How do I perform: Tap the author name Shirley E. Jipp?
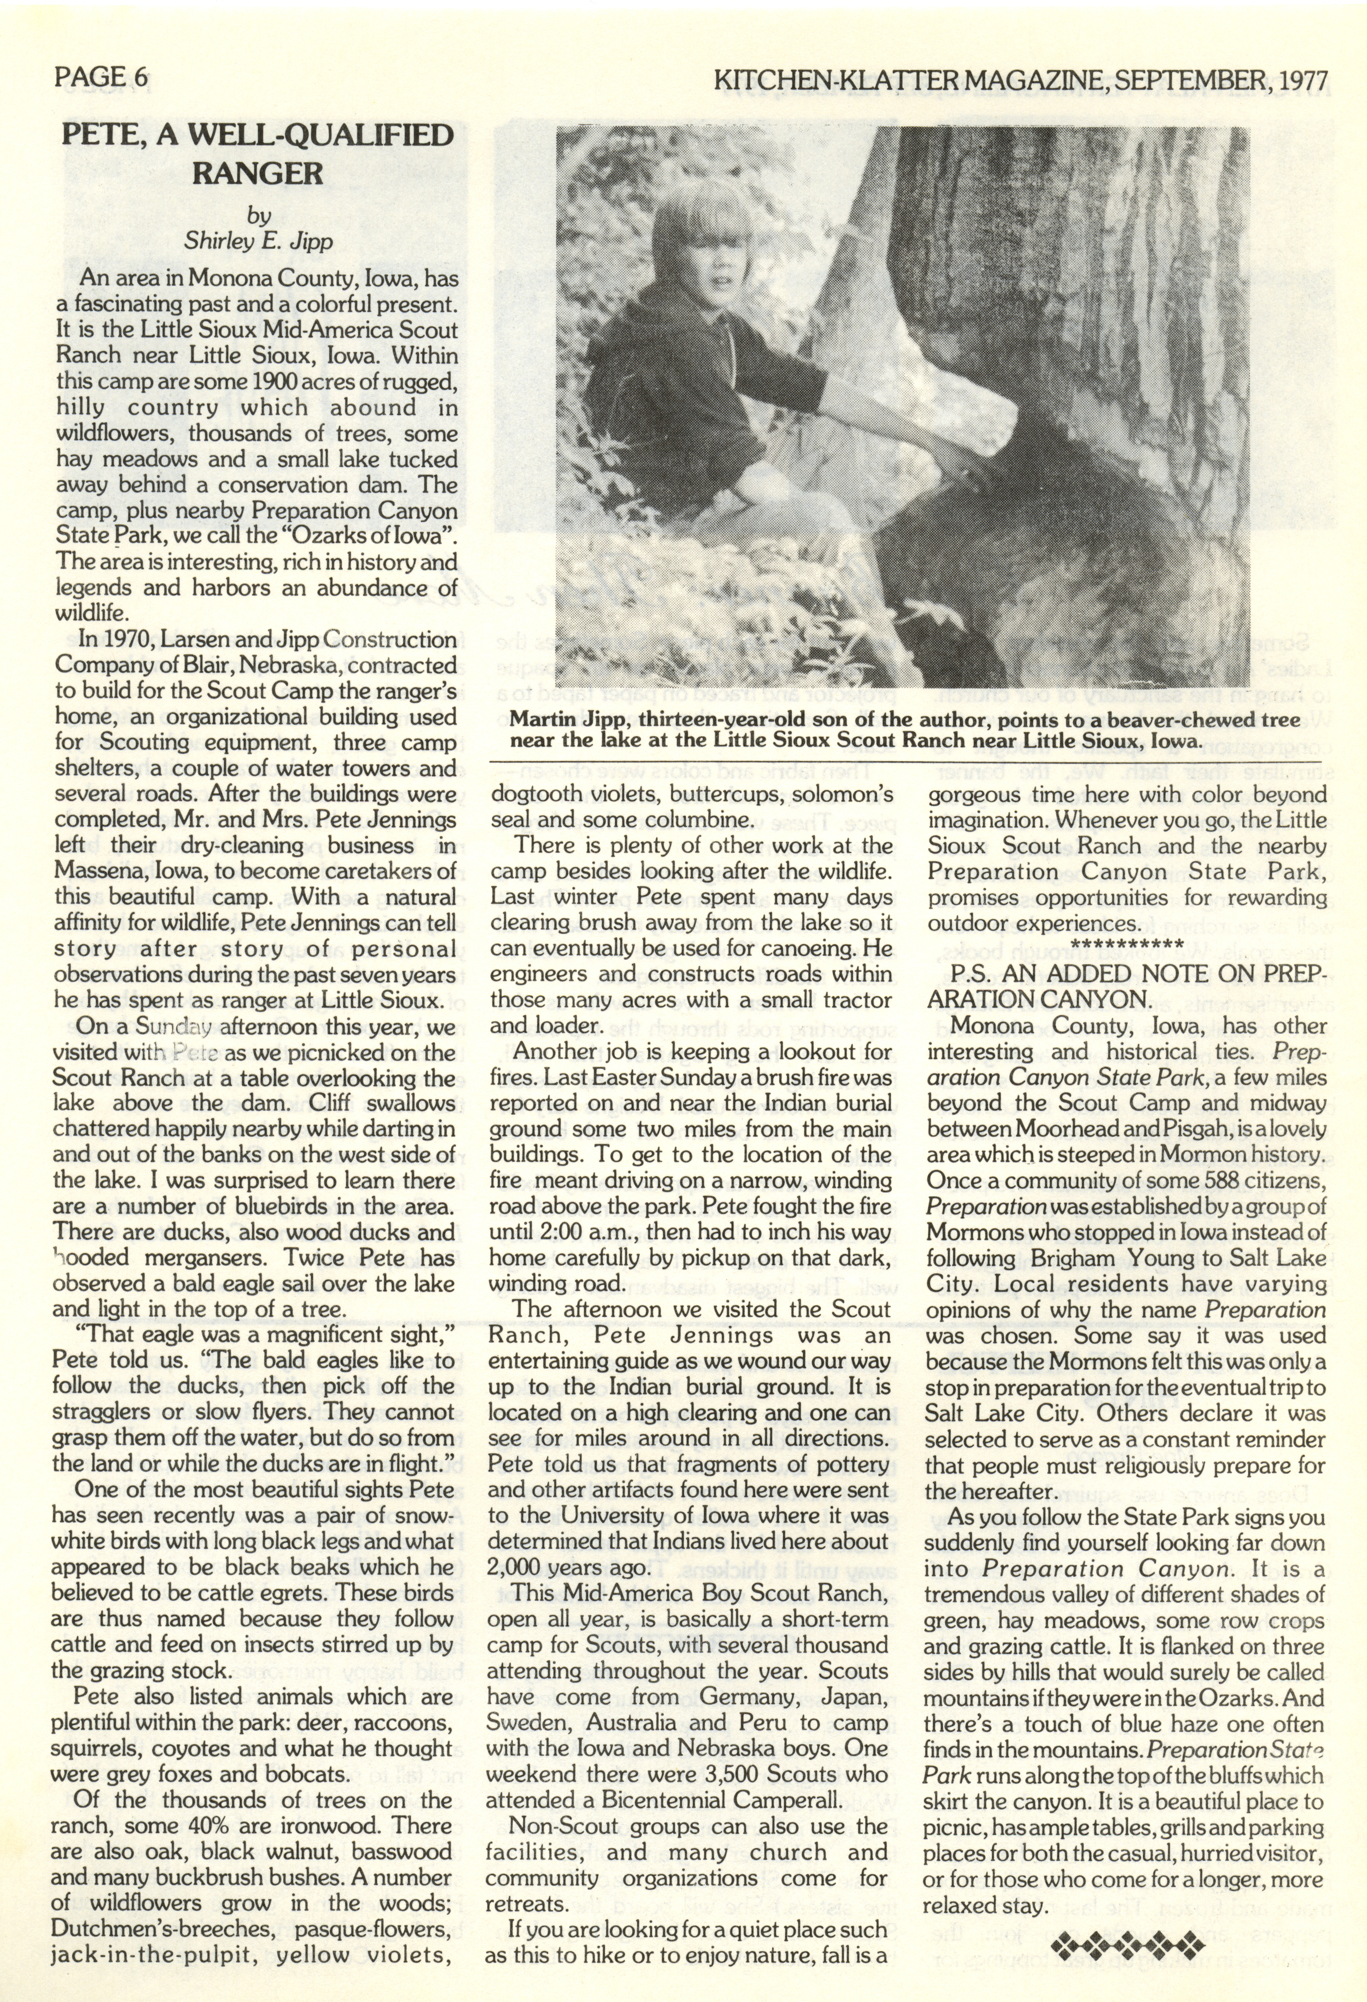click(x=258, y=241)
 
